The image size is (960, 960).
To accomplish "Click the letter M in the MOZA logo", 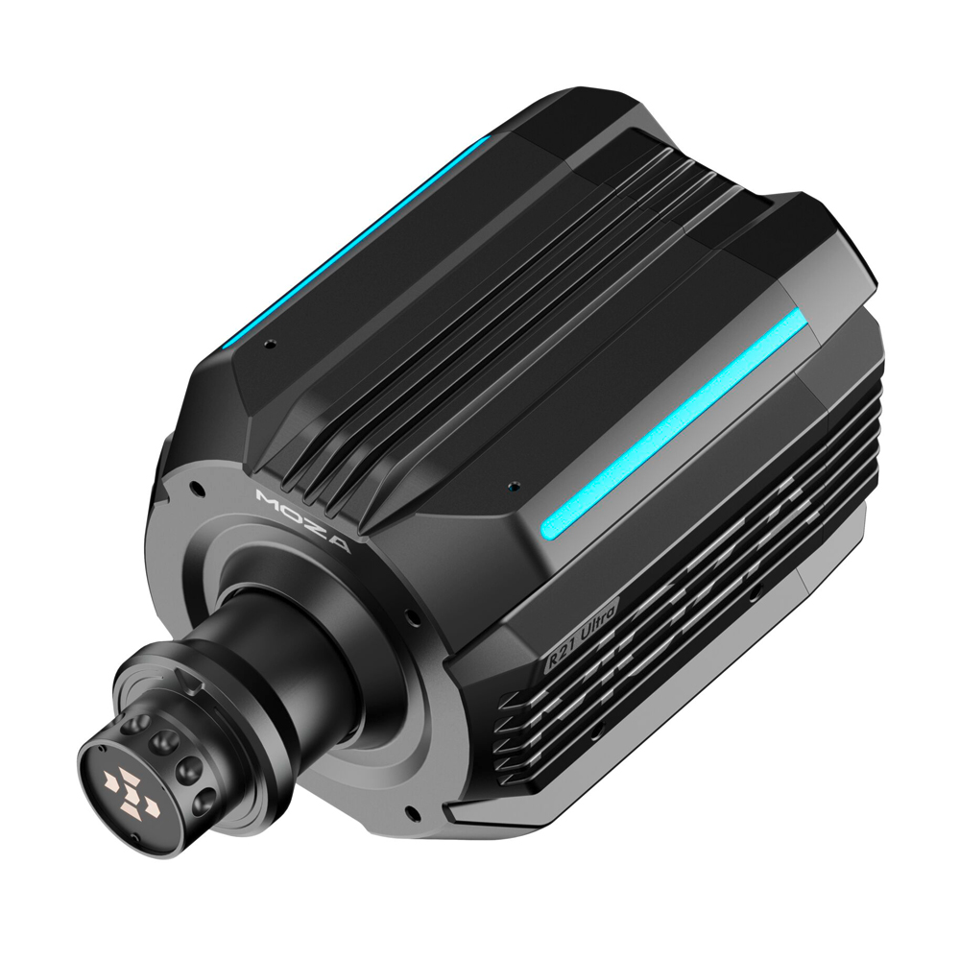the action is click(268, 496).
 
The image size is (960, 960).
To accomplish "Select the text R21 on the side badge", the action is click(560, 659).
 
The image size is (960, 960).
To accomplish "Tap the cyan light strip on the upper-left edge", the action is click(355, 243).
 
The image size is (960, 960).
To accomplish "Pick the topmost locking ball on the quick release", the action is click(135, 725).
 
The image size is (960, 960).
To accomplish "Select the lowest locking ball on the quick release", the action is click(205, 800).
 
